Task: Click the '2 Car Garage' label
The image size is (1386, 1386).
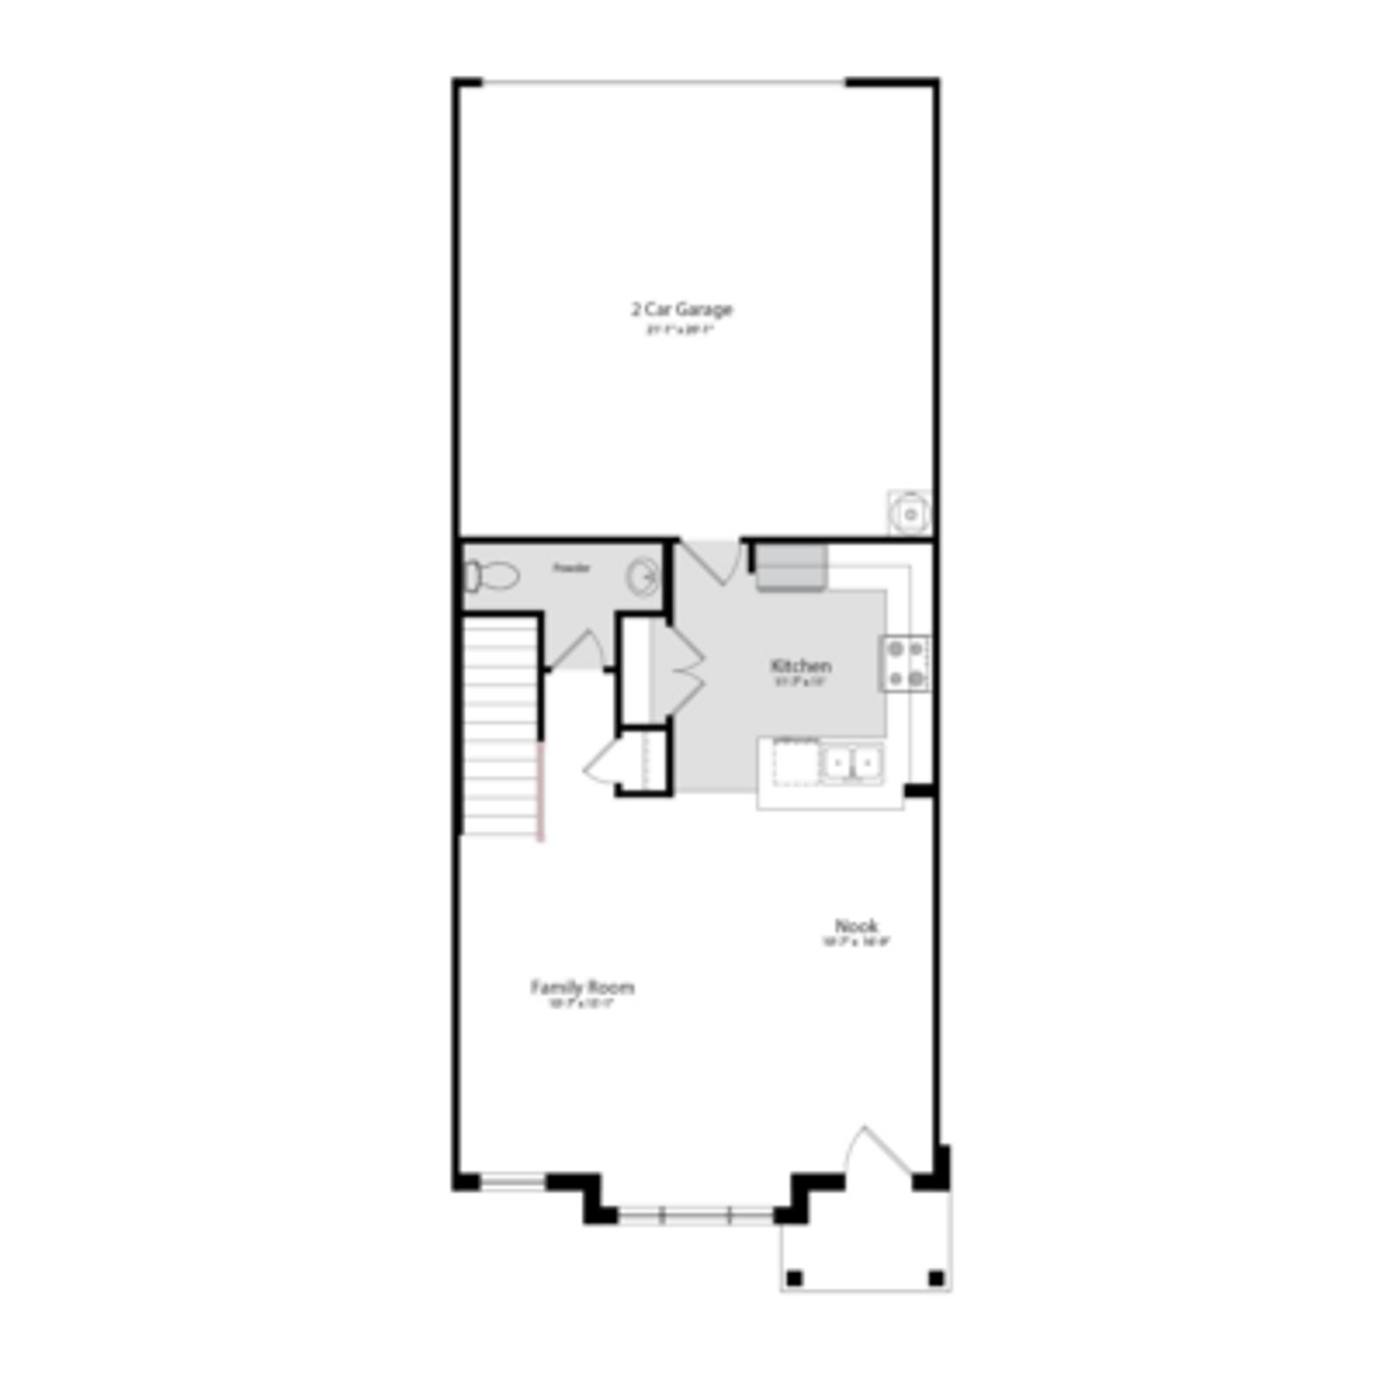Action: [x=681, y=310]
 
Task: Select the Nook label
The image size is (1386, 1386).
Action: [x=856, y=925]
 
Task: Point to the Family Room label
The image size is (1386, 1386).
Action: [x=582, y=988]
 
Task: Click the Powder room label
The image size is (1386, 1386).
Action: [x=571, y=568]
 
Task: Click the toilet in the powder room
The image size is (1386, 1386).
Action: [x=491, y=576]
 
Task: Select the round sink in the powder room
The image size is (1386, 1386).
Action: [x=643, y=576]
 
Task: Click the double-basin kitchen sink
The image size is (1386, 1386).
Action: [x=852, y=763]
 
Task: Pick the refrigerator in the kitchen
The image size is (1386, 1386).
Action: [x=791, y=567]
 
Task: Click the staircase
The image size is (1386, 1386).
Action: [x=501, y=725]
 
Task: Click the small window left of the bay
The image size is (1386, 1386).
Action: [x=512, y=1181]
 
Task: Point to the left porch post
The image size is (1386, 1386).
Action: [x=794, y=1279]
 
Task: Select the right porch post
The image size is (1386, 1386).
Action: [x=936, y=1279]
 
